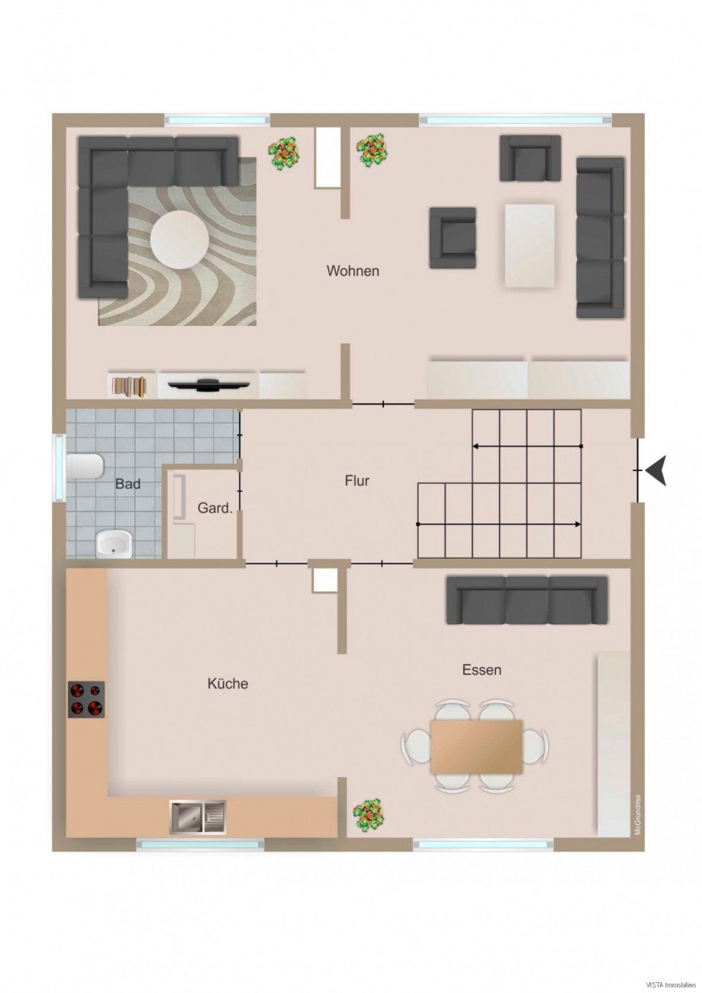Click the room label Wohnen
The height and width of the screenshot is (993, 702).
353,271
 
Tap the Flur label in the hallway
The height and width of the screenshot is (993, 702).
357,481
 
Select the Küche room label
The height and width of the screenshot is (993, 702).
227,684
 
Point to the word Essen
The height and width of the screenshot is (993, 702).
481,670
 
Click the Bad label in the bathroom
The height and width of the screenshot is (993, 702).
127,484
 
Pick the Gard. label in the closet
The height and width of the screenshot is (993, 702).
214,508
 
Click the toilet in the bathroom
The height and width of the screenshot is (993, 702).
85,466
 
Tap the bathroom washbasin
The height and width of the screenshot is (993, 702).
114,543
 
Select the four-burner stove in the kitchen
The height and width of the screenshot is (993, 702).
86,699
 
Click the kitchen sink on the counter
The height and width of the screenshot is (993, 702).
198,817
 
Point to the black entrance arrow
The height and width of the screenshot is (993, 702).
656,470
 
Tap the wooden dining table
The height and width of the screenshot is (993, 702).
476,746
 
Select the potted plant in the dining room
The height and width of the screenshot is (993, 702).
369,814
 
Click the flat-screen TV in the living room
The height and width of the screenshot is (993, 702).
206,384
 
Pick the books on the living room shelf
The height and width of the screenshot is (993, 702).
129,385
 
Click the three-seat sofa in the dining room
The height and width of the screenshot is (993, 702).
526,600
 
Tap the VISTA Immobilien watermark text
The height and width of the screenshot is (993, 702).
671,984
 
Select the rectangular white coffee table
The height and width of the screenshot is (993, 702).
530,245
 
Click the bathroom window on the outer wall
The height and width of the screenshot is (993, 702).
58,467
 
